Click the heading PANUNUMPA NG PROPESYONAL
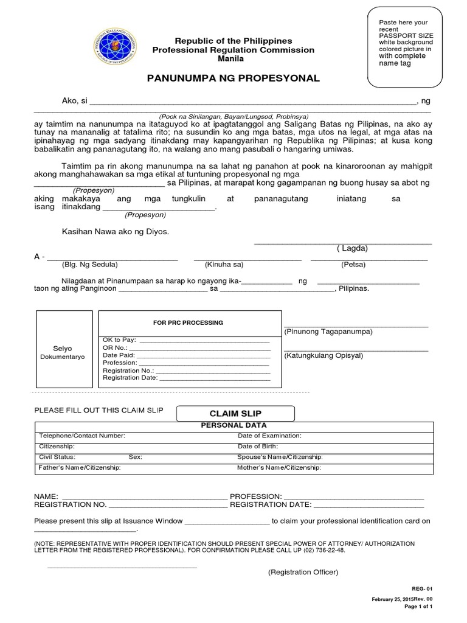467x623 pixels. point(233,79)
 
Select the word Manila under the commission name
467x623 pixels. point(230,59)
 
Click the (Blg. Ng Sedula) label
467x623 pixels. point(89,265)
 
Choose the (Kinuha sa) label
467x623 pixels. point(224,265)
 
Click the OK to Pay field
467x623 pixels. point(186,339)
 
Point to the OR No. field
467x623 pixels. point(186,347)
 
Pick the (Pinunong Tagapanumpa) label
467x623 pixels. point(328,332)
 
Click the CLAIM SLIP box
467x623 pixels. point(235,414)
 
